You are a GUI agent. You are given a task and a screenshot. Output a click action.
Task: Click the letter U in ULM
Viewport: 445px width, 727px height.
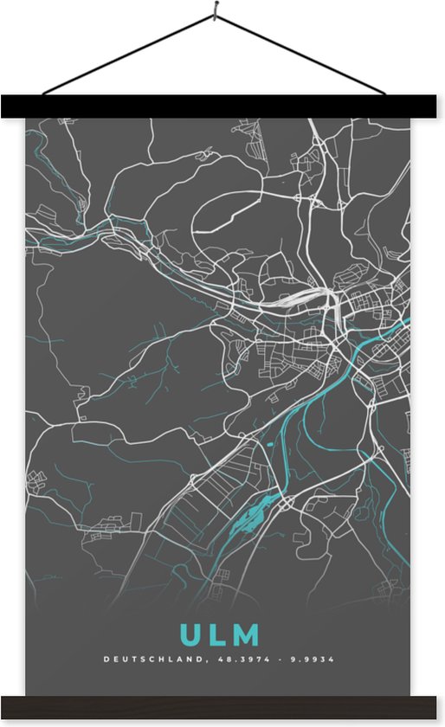tap(189, 635)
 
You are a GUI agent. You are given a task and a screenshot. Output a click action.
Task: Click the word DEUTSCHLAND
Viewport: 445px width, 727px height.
tap(153, 659)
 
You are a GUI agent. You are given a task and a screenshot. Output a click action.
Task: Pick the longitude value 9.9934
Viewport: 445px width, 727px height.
tap(313, 659)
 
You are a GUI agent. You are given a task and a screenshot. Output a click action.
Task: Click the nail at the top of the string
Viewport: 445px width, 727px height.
tap(213, 16)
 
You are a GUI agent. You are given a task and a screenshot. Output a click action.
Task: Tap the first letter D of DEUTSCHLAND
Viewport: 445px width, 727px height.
tap(106, 659)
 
